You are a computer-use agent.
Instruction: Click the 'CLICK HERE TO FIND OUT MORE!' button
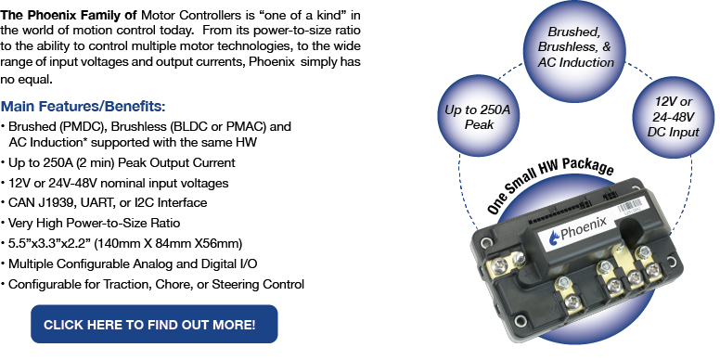[155, 325]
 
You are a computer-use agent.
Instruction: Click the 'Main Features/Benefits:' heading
[84, 106]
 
